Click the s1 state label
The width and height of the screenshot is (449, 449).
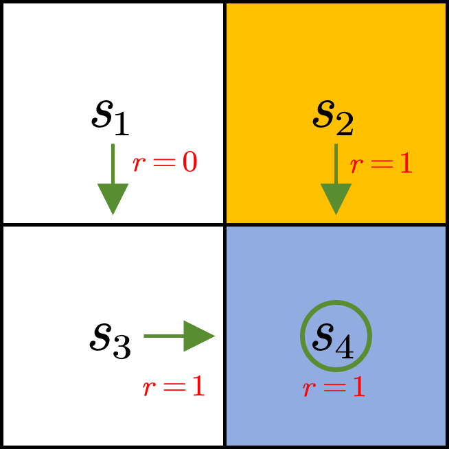(110, 117)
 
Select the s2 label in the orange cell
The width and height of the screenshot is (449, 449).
(333, 117)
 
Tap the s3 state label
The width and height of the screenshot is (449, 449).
(110, 340)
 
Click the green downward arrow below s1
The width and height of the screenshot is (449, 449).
(113, 179)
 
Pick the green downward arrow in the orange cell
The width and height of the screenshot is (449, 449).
(336, 179)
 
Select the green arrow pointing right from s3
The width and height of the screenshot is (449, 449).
(179, 336)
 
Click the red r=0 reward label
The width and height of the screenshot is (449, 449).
(165, 163)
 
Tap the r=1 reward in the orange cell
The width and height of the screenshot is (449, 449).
(382, 165)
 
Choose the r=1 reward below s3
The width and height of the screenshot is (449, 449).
(174, 387)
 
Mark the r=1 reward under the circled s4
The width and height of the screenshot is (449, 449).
(334, 389)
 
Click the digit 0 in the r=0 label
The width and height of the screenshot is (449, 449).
(189, 163)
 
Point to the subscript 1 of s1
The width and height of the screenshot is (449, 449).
(121, 126)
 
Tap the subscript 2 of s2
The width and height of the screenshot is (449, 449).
(345, 126)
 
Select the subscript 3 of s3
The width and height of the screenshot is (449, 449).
(122, 349)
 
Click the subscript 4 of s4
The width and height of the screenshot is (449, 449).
(345, 349)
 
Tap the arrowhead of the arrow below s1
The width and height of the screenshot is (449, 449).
(113, 199)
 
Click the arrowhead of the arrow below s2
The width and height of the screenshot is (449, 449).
(336, 199)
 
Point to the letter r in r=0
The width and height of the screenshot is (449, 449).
(139, 165)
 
